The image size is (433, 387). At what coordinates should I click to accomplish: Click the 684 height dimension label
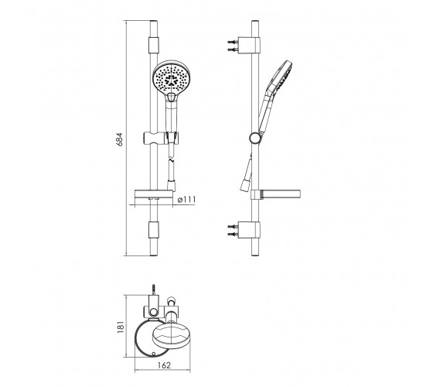[119, 139]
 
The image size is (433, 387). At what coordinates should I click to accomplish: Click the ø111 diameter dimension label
[186, 200]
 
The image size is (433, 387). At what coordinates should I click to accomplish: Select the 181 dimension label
[121, 326]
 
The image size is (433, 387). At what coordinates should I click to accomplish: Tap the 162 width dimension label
[164, 365]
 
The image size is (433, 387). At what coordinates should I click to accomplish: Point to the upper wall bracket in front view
[154, 45]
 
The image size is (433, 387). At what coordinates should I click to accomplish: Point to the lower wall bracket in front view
[154, 230]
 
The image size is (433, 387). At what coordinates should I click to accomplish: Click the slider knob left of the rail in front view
[151, 138]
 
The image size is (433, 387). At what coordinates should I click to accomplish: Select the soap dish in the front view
[154, 194]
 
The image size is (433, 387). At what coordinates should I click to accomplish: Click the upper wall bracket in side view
[249, 45]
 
